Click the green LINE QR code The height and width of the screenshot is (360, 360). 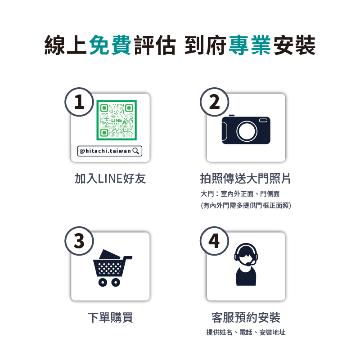[117, 120]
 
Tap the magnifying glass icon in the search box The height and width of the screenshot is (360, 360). [136, 151]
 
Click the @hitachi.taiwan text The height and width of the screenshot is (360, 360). [105, 151]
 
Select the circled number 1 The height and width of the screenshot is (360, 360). [79, 102]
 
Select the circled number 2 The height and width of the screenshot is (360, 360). [215, 102]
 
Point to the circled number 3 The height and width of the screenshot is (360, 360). [79, 241]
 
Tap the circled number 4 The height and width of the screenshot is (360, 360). [215, 241]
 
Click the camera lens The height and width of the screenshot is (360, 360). [247, 131]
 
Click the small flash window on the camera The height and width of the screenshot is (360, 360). [263, 121]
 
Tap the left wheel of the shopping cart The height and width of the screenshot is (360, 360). [103, 282]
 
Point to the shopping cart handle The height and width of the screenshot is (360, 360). [128, 257]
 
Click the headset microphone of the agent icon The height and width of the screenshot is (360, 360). [249, 265]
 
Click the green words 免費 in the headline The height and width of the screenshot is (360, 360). [110, 45]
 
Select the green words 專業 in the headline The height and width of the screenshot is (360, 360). [250, 45]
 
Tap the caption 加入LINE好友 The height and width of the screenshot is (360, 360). [110, 178]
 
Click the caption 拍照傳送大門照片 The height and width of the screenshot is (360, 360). [245, 178]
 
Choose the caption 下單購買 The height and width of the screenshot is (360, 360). [110, 318]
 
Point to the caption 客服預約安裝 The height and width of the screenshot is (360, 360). [246, 318]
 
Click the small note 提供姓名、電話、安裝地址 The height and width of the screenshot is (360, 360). [246, 332]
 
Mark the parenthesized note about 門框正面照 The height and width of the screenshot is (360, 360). [246, 205]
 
